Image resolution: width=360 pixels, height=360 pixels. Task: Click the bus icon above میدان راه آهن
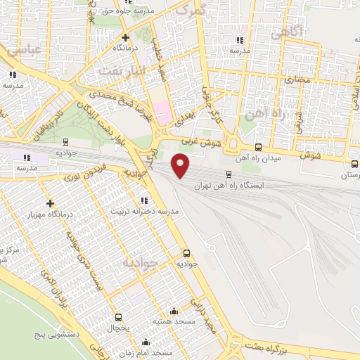(259, 147)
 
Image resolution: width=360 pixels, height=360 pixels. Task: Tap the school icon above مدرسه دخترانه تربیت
(145, 200)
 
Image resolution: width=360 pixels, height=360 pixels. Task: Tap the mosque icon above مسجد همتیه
(174, 310)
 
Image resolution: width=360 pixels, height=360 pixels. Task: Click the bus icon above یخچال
(119, 317)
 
